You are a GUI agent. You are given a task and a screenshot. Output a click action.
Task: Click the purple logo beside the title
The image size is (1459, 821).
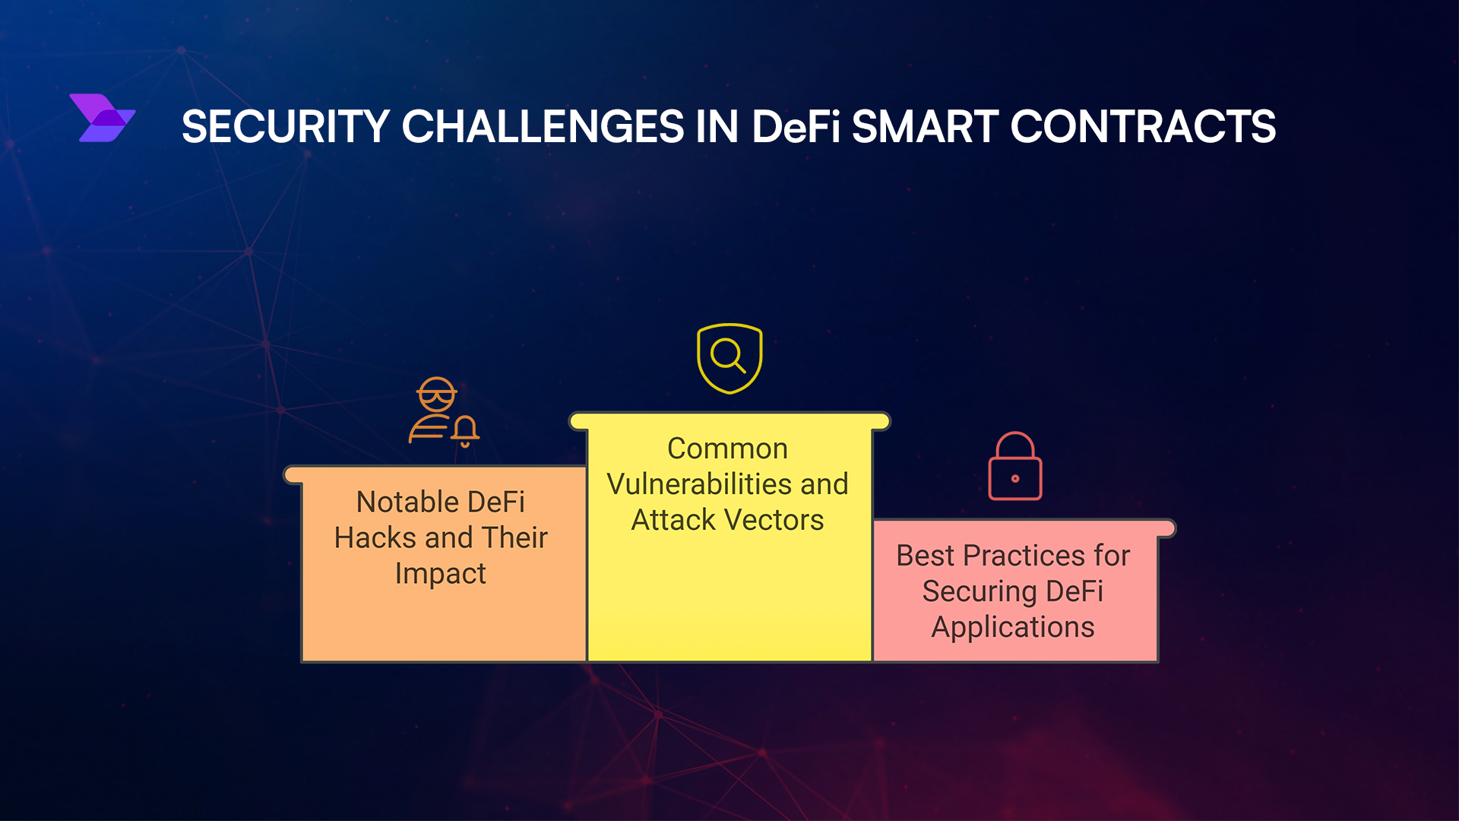(103, 118)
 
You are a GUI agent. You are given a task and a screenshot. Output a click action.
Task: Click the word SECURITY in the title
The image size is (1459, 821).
(286, 126)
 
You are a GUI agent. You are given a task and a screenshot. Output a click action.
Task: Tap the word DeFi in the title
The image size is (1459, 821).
(796, 126)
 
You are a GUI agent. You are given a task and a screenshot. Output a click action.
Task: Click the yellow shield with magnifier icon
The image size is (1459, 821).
(729, 359)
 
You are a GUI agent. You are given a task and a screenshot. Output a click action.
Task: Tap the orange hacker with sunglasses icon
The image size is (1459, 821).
(444, 411)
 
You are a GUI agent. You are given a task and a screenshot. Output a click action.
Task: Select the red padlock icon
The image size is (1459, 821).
(1015, 466)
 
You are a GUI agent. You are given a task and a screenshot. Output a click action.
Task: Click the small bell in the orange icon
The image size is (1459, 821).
(465, 431)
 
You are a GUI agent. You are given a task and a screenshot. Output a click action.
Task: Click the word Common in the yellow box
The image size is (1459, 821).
(727, 449)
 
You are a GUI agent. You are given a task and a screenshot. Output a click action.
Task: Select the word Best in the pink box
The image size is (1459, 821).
(925, 556)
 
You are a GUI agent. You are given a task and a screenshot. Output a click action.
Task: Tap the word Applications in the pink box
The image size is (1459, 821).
(1013, 628)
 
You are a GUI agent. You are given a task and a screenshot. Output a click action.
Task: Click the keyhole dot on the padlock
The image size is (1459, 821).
(1015, 478)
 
